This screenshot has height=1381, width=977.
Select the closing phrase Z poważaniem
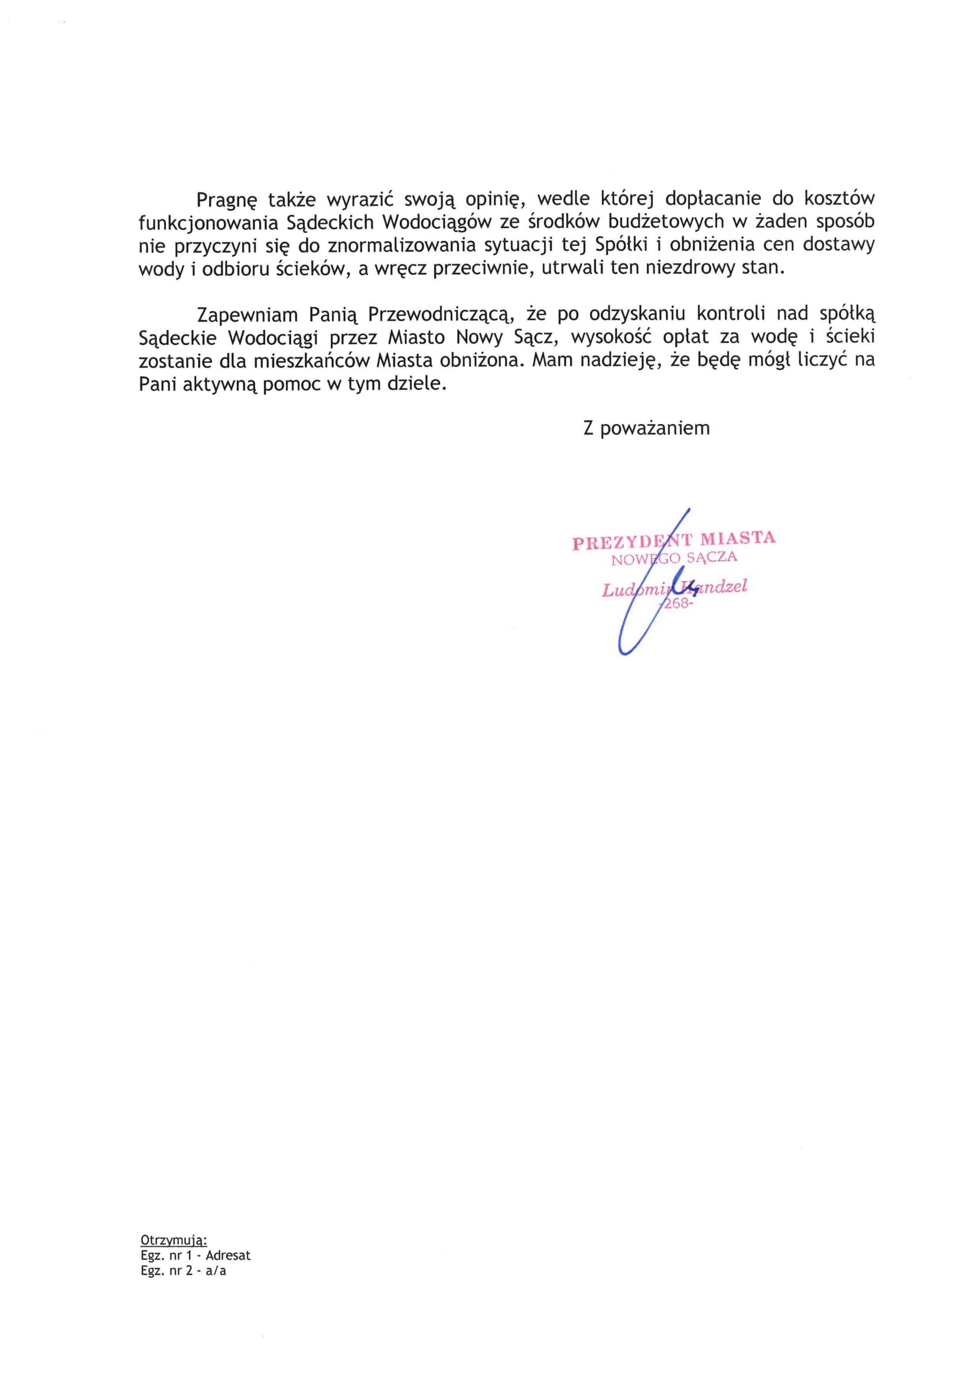(x=646, y=428)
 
